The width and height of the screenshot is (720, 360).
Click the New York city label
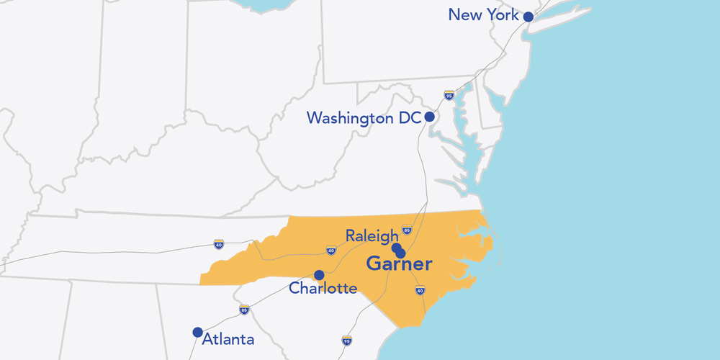(483, 14)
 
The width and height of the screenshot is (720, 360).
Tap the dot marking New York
(528, 17)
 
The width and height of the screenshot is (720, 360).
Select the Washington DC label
(364, 117)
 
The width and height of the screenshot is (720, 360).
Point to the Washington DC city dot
(429, 117)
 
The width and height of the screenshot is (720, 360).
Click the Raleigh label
(372, 235)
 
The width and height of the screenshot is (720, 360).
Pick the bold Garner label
(399, 264)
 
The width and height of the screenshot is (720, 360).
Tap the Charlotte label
(323, 289)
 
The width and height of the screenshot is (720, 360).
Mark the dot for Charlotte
(319, 274)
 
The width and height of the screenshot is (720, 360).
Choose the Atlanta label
(228, 338)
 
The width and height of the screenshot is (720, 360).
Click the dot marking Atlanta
(197, 332)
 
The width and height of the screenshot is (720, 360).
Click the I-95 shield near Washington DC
(449, 95)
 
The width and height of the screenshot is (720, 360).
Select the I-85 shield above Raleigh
(407, 230)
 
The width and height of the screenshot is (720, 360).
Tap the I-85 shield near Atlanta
(244, 310)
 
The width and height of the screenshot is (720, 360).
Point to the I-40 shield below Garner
(420, 290)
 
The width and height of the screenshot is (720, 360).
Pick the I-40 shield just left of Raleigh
(330, 251)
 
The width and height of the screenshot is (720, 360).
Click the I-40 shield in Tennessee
(218, 244)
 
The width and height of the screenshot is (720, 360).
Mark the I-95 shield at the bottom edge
(347, 340)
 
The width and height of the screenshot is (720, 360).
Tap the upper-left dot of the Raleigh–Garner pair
(396, 248)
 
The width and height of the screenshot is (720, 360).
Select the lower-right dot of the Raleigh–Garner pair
(401, 253)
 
